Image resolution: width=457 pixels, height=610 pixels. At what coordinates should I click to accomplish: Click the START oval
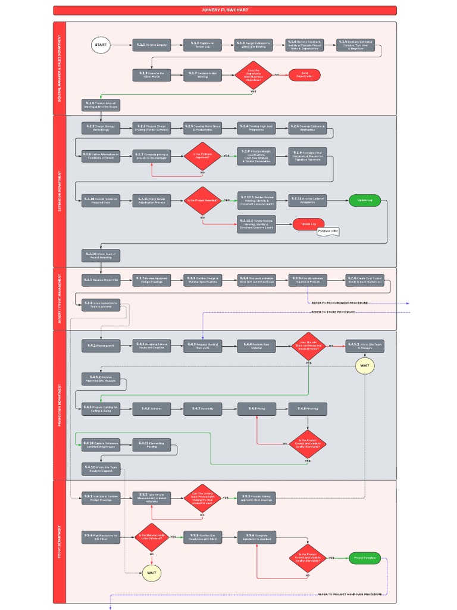pos(101,45)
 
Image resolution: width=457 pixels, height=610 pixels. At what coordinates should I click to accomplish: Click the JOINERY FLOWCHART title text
pos(225,10)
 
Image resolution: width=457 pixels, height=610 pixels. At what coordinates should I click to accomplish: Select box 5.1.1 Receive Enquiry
pos(152,45)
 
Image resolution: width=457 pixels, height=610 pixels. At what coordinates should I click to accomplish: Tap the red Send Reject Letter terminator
pos(305,74)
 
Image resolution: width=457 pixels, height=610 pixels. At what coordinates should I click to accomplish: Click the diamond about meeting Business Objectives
pos(253,75)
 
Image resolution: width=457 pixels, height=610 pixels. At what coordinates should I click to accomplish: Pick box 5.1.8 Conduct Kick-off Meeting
pos(101,105)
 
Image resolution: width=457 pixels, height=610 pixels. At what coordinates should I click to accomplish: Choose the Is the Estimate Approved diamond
pos(202,155)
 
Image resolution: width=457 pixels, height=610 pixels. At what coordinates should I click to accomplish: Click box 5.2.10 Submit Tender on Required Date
pos(101,201)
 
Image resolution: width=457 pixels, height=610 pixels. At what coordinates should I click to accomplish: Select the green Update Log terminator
pos(365,200)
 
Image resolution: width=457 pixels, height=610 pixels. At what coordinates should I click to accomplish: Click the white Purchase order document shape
pos(328,231)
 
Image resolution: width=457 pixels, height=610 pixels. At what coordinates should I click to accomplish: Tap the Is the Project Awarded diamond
pos(202,201)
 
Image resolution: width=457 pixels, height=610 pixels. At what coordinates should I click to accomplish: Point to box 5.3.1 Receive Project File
pos(101,280)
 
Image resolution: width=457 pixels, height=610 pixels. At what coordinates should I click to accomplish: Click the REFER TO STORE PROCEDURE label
pos(333,312)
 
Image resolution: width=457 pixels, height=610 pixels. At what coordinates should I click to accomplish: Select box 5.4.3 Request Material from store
pos(202,346)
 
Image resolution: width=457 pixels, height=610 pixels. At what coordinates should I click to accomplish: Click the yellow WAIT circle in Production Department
pos(365,365)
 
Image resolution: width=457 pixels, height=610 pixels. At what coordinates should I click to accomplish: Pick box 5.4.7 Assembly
pos(202,409)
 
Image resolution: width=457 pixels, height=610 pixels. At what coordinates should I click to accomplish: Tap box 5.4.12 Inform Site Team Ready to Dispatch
pos(101,469)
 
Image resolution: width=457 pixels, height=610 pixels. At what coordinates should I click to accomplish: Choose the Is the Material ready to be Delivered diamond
pos(152,537)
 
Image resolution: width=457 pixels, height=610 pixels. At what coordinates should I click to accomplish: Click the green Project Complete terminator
pos(365,558)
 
